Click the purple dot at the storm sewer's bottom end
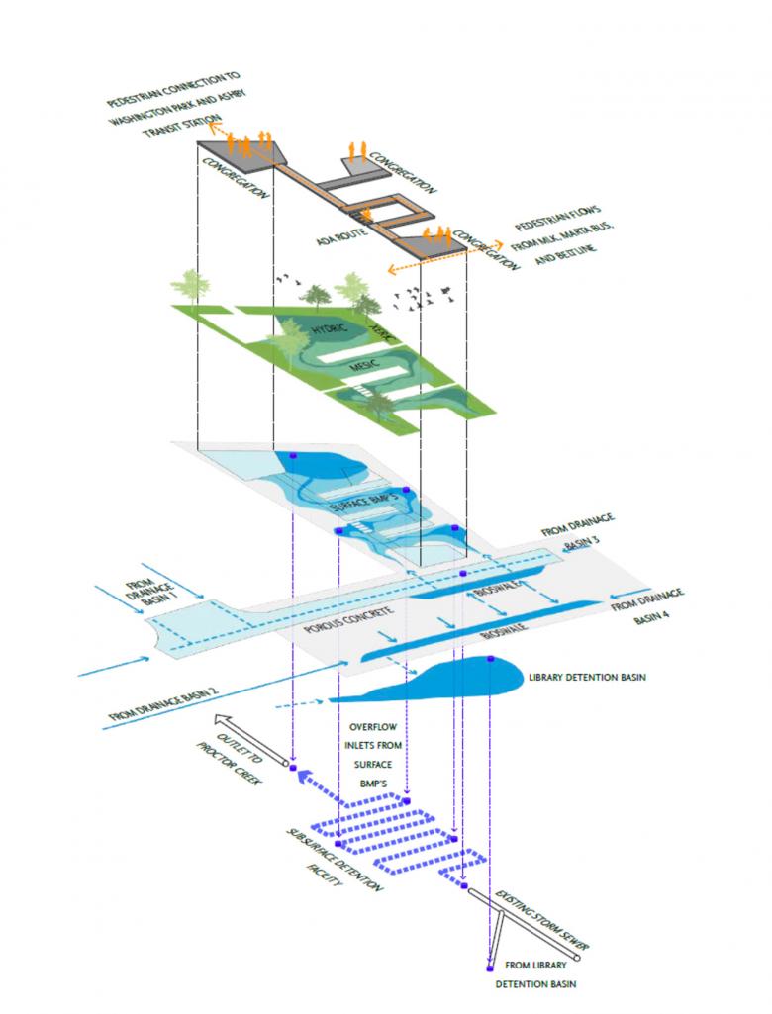click(x=490, y=968)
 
